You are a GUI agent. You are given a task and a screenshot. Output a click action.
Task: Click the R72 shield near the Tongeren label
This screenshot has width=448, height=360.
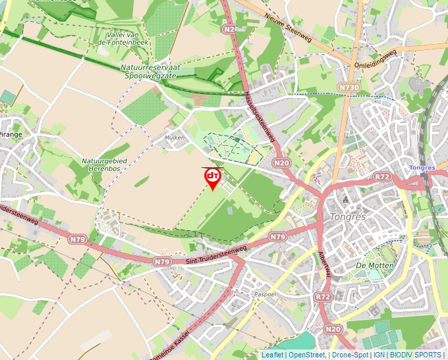tap(382, 177)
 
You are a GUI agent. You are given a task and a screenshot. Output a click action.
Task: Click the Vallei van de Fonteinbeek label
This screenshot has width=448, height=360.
tap(125, 38)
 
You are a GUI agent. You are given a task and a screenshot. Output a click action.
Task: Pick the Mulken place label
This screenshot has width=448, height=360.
tap(174, 138)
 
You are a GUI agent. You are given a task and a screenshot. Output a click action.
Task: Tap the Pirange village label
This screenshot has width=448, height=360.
tap(11, 134)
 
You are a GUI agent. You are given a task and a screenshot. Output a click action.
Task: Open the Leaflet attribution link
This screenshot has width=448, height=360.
tap(272, 355)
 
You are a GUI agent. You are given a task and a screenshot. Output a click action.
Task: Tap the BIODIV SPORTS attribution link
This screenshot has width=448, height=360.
tap(418, 355)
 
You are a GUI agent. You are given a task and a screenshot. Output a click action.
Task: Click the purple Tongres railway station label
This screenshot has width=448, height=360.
tap(422, 168)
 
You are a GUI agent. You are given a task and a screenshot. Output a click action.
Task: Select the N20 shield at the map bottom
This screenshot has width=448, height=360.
tap(333, 329)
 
